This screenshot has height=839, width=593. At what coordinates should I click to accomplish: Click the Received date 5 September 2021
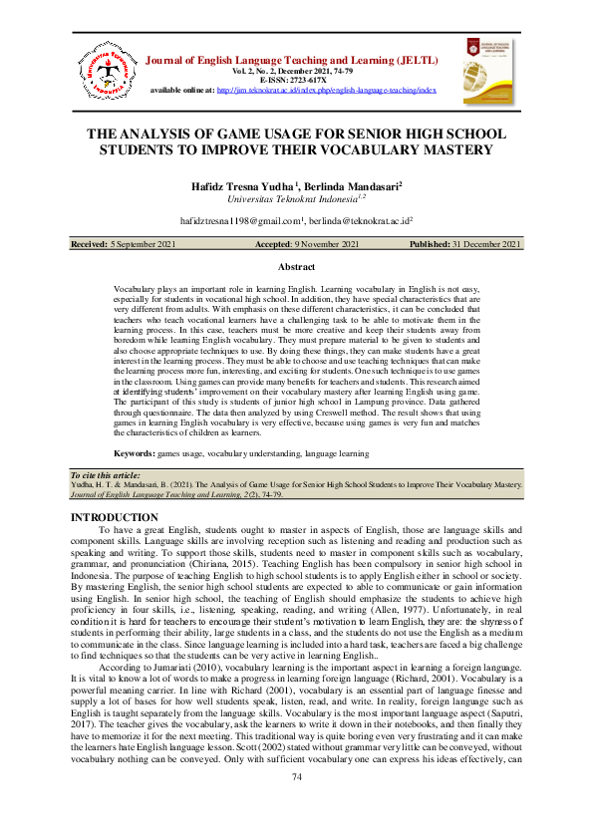tap(140, 245)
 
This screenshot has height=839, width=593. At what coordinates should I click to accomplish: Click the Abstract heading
tap(296, 267)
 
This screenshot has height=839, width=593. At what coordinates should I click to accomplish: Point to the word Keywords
tap(135, 453)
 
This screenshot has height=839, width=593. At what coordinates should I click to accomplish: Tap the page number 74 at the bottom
tap(296, 804)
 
